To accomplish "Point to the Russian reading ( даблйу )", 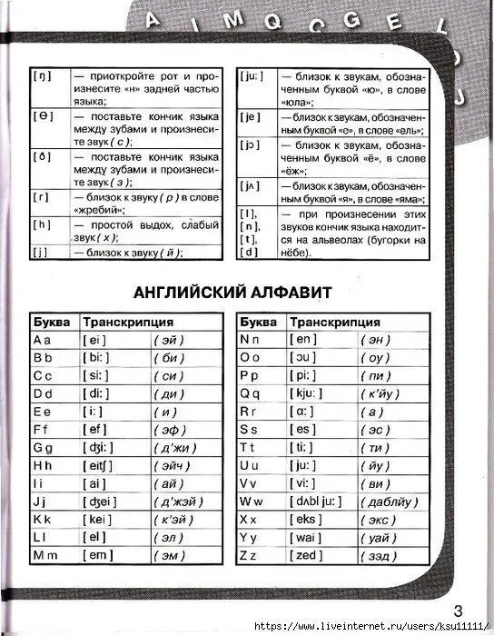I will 390,501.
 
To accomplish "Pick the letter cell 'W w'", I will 251,501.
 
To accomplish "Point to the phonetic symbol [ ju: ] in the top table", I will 252,78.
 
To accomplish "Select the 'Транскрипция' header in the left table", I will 128,322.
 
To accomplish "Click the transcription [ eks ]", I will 309,518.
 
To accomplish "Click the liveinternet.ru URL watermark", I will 373,627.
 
